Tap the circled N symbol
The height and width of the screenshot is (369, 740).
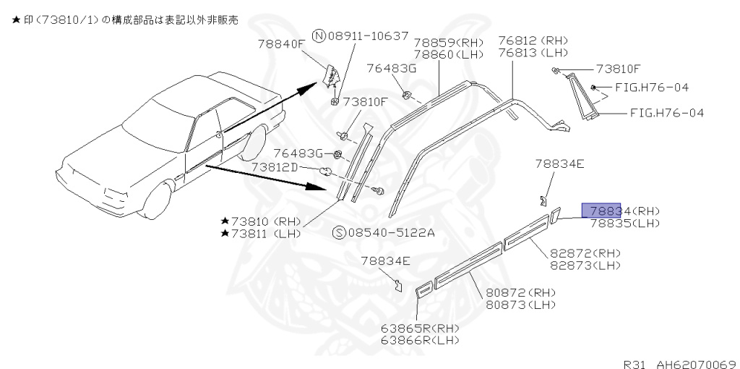(317, 35)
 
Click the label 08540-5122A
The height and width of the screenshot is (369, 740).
(391, 232)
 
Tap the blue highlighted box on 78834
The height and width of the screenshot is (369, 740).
(602, 211)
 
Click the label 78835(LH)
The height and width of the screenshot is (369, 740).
(624, 224)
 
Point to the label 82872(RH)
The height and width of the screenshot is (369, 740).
(585, 253)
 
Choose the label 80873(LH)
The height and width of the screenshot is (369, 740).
(520, 305)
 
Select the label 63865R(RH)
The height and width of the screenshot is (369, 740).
(421, 327)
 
